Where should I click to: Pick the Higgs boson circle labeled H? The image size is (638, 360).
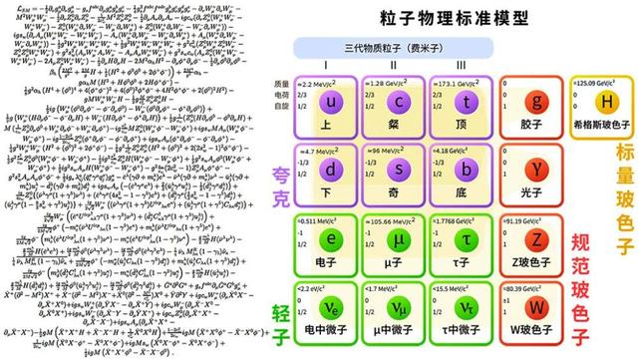603,103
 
